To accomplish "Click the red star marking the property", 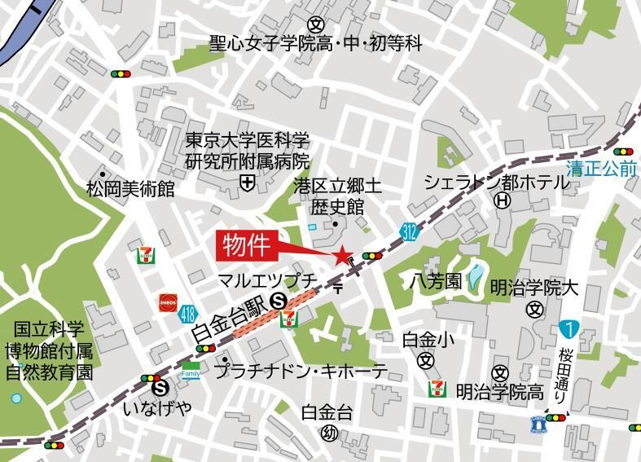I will coord(341,255).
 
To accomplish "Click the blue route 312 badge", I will coord(409,233).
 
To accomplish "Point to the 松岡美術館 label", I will coord(130,190).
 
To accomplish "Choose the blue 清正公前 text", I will coord(602,170).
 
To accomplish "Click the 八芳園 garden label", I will coord(436,282).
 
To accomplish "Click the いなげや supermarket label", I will coord(157,407).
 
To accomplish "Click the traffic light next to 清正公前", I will coord(623,152).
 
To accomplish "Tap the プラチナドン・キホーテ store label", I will coord(301,371).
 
